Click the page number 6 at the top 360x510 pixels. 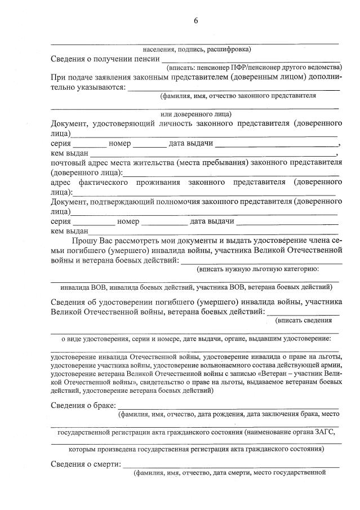(195, 21)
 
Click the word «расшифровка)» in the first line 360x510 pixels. (230, 49)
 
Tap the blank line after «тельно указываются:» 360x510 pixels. (234, 89)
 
